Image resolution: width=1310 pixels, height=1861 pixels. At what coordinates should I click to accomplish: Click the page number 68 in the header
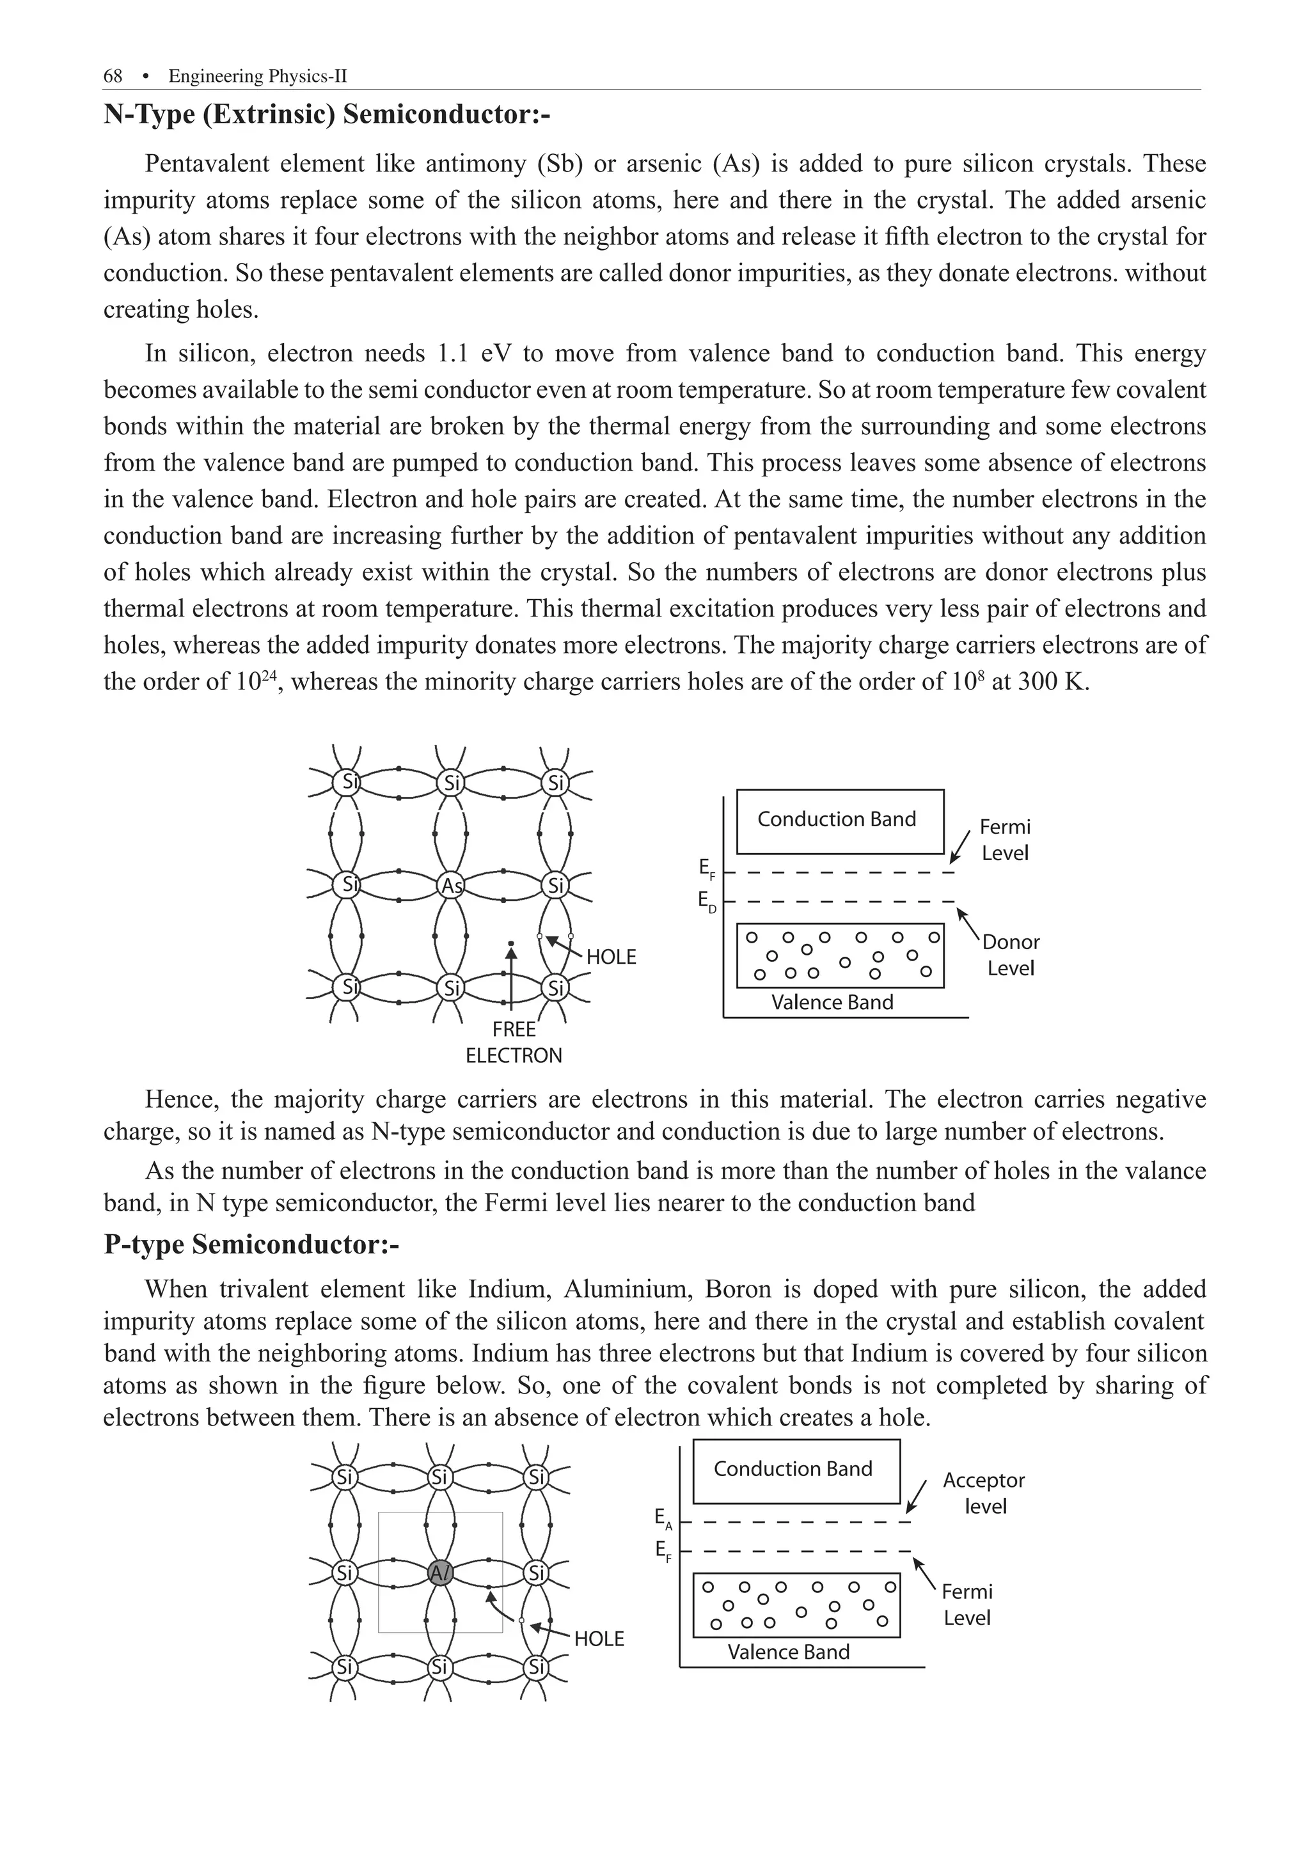click(x=113, y=76)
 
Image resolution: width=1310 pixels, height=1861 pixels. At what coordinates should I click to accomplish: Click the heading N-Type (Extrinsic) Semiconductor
click(x=327, y=114)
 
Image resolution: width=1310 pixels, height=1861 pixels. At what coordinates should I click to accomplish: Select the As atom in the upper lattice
click(x=452, y=886)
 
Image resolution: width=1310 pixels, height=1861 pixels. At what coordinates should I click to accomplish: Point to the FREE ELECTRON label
click(x=513, y=1042)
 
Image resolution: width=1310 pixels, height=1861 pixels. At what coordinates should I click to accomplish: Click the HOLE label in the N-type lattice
click(x=612, y=957)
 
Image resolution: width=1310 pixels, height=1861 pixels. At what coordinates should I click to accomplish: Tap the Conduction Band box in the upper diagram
click(x=840, y=821)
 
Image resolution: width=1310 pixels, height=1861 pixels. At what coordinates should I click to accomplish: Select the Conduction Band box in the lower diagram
click(x=796, y=1470)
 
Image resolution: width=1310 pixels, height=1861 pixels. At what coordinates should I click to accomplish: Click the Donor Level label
click(x=1011, y=955)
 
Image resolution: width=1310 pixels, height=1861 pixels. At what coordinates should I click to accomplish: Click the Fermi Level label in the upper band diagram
click(x=1005, y=840)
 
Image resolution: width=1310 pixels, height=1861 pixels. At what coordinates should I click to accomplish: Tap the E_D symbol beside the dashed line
click(x=707, y=901)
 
